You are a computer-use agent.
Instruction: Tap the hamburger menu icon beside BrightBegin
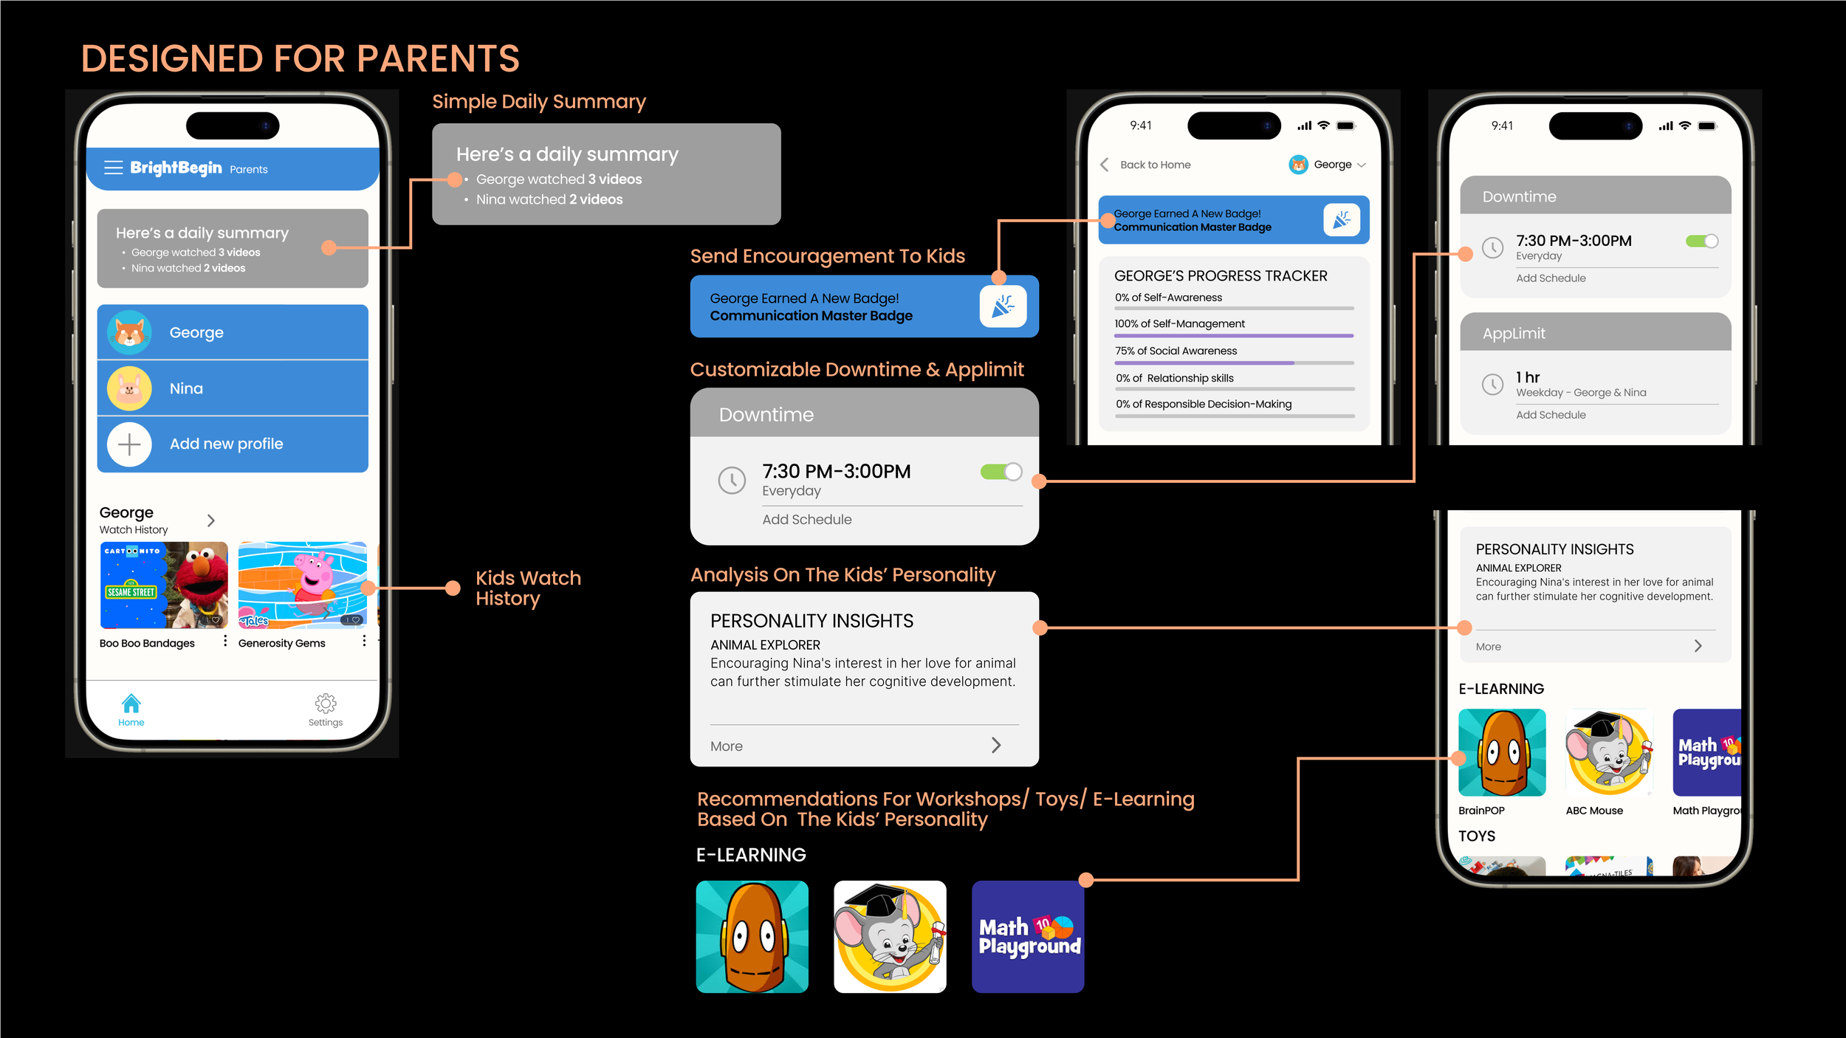click(x=113, y=168)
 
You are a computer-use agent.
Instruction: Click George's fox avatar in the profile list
click(x=129, y=333)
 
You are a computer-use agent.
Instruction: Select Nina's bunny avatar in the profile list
click(x=129, y=388)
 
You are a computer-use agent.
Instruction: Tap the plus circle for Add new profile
click(x=129, y=444)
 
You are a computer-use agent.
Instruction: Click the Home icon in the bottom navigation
click(x=131, y=704)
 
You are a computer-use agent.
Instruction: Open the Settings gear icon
click(x=326, y=704)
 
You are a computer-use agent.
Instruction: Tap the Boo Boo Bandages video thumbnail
click(x=163, y=585)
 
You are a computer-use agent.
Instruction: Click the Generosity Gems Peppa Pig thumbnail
click(x=302, y=585)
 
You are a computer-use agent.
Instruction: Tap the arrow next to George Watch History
click(x=211, y=520)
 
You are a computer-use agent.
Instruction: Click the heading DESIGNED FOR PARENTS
click(x=300, y=59)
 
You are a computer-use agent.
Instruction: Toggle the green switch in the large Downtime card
click(x=1001, y=472)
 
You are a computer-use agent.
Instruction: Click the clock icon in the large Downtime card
click(x=732, y=481)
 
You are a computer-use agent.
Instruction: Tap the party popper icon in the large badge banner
click(x=1003, y=306)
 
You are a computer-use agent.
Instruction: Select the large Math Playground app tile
click(x=1028, y=937)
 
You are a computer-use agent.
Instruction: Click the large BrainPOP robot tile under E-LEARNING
click(x=752, y=937)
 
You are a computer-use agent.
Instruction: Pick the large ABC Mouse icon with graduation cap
click(x=890, y=937)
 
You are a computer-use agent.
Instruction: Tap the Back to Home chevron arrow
click(x=1105, y=165)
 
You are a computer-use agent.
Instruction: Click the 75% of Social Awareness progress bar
click(x=1234, y=363)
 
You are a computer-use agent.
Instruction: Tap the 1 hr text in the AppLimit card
click(x=1528, y=377)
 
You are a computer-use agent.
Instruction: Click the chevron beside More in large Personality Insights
click(x=996, y=746)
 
